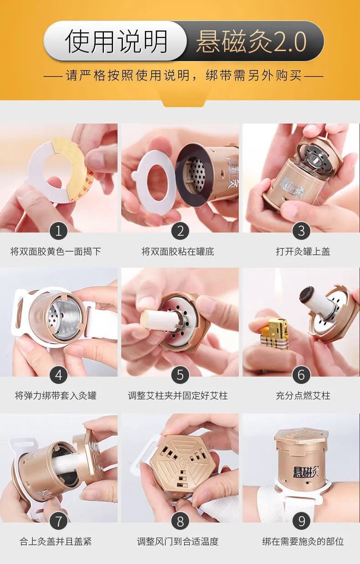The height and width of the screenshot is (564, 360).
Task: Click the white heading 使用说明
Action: point(116,41)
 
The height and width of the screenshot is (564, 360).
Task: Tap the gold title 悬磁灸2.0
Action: point(252,41)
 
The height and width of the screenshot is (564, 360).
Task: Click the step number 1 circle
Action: point(59,231)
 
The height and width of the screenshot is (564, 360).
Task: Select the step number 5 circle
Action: point(180,375)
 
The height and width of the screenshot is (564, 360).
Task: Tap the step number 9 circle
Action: point(301,521)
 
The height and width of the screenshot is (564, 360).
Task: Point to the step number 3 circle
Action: point(301,231)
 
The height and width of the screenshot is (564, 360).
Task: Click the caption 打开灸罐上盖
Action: point(303,252)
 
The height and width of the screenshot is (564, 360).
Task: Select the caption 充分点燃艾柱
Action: point(303,396)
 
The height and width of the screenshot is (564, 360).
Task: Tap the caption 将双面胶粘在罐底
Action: point(178,252)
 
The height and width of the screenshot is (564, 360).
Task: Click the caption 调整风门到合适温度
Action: point(178,541)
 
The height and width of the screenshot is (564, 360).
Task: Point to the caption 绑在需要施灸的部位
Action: point(303,541)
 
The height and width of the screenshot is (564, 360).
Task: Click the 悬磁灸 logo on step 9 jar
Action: point(306,471)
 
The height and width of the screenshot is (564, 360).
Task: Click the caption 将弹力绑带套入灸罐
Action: point(56,396)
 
